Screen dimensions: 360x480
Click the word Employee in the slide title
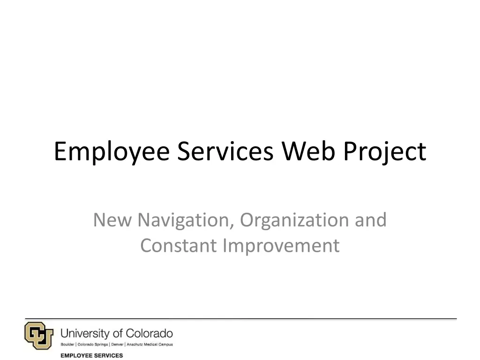point(111,152)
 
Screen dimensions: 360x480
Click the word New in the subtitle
point(112,220)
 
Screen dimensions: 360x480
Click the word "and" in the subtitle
point(371,220)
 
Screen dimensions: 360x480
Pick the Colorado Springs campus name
point(93,345)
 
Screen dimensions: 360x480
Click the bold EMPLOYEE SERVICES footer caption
point(91,355)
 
